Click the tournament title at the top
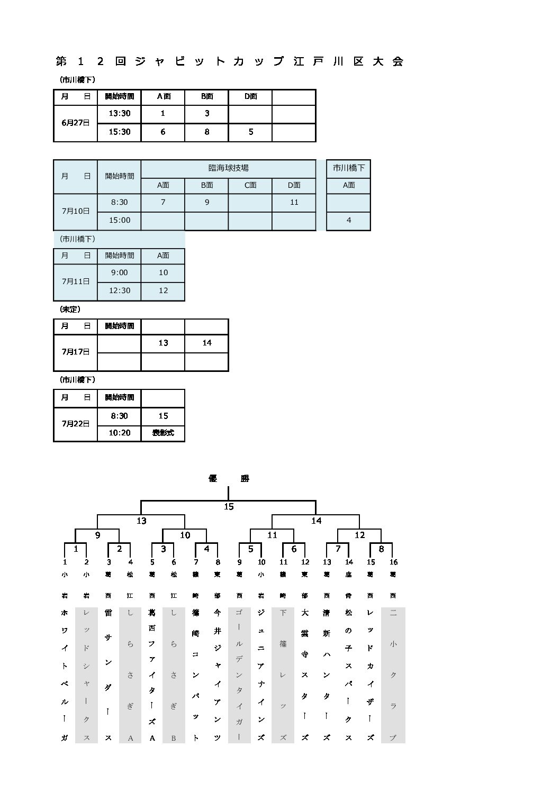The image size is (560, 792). click(x=230, y=61)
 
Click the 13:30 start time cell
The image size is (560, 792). click(x=120, y=114)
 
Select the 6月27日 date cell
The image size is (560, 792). click(x=76, y=123)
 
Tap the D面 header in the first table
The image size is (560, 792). click(x=250, y=97)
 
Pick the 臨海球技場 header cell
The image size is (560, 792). click(x=228, y=168)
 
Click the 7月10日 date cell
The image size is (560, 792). click(x=76, y=211)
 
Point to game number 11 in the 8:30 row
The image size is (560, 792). click(x=294, y=202)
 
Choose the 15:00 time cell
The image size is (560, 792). click(x=120, y=220)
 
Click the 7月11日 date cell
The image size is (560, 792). click(x=76, y=281)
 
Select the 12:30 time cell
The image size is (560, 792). click(x=120, y=290)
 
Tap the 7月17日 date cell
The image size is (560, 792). click(x=76, y=352)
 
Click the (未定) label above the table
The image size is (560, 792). click(x=70, y=309)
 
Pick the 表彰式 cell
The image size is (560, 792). click(x=163, y=433)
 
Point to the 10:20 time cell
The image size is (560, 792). click(x=120, y=433)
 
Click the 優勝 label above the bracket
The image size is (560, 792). click(x=228, y=479)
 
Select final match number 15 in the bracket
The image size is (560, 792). click(x=229, y=507)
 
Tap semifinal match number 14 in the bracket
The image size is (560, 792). click(x=316, y=521)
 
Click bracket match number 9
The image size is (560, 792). click(x=97, y=535)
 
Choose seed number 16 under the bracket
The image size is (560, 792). click(x=393, y=562)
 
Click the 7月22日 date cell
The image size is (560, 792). click(x=76, y=424)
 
